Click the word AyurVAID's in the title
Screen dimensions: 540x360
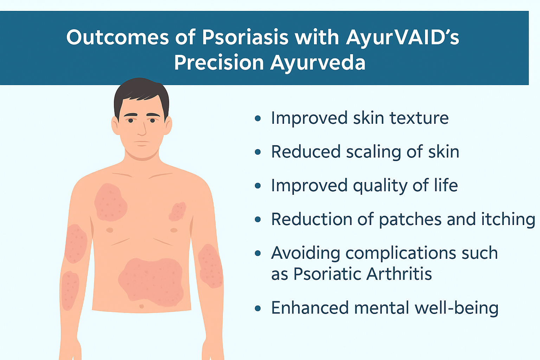(x=402, y=38)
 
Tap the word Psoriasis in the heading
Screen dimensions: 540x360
(x=245, y=38)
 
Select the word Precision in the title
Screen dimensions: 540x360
(x=219, y=63)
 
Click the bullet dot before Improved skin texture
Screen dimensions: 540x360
(x=258, y=118)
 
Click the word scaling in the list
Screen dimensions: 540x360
(x=373, y=152)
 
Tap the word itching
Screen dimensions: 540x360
(x=508, y=219)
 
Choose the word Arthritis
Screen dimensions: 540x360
(x=399, y=274)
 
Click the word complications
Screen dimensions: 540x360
(x=400, y=254)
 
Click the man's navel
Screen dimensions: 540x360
(x=142, y=306)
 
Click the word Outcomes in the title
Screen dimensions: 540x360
(x=118, y=38)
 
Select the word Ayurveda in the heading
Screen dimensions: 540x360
(x=318, y=63)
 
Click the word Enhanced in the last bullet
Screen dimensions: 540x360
(x=310, y=308)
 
